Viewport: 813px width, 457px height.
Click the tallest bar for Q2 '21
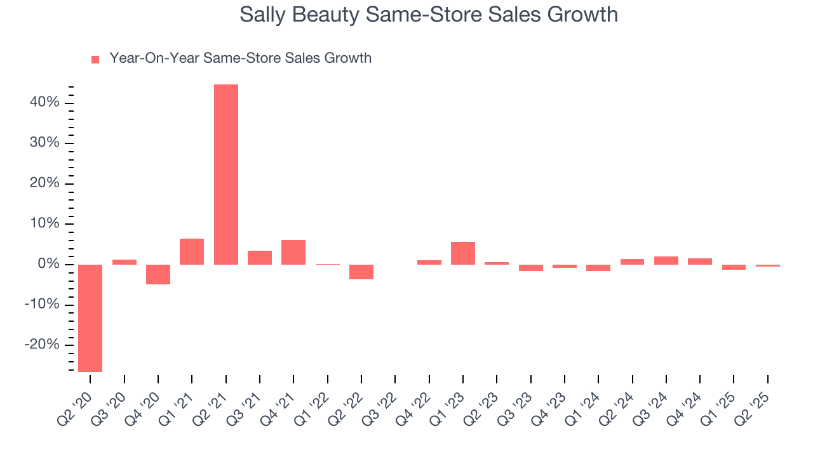(225, 175)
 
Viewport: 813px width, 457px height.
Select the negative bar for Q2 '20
(90, 318)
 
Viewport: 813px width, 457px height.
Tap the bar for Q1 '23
(463, 253)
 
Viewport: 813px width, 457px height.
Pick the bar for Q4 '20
(158, 274)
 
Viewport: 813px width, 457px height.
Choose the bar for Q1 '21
(192, 251)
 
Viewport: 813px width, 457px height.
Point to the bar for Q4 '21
(293, 252)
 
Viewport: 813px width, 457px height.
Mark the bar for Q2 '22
(361, 272)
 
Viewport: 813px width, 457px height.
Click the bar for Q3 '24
(666, 260)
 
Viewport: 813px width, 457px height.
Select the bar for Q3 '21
(260, 258)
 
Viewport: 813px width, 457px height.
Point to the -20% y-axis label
(42, 345)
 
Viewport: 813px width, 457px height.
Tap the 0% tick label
(48, 265)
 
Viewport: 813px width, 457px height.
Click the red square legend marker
(95, 60)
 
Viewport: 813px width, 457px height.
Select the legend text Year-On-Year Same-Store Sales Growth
(240, 58)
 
